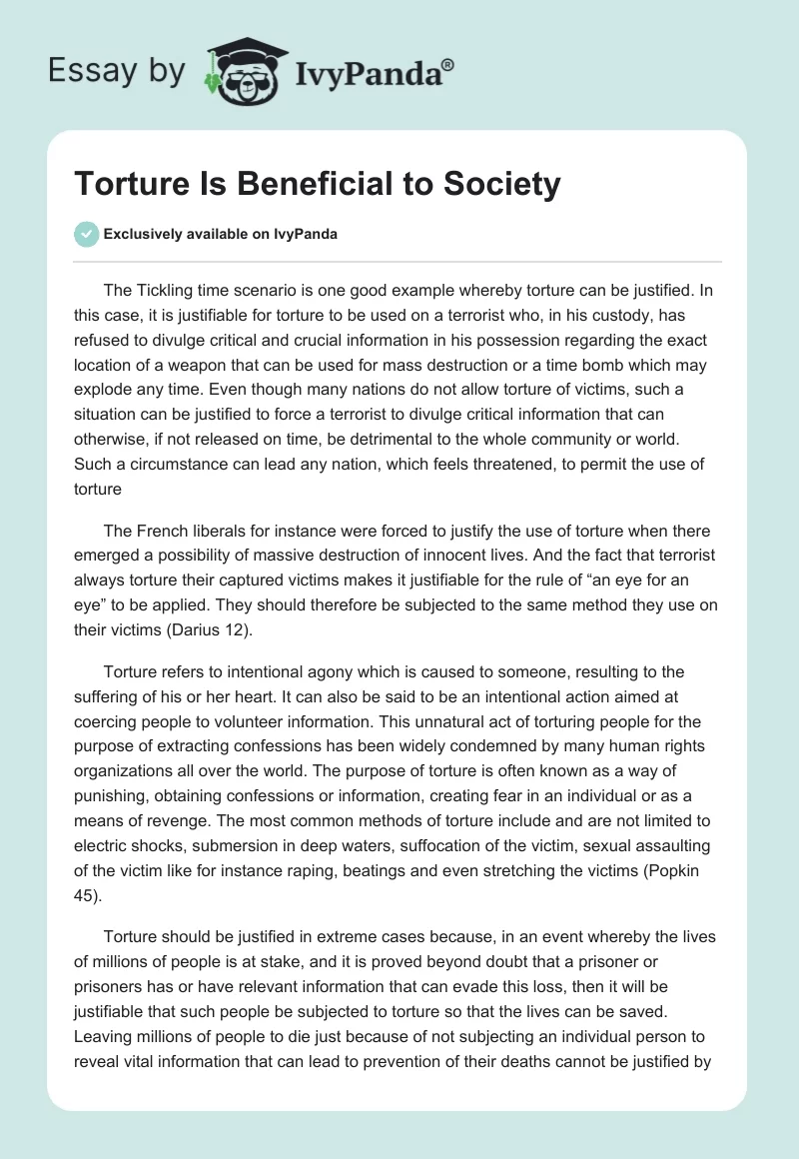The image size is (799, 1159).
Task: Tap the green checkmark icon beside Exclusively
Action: click(86, 234)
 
